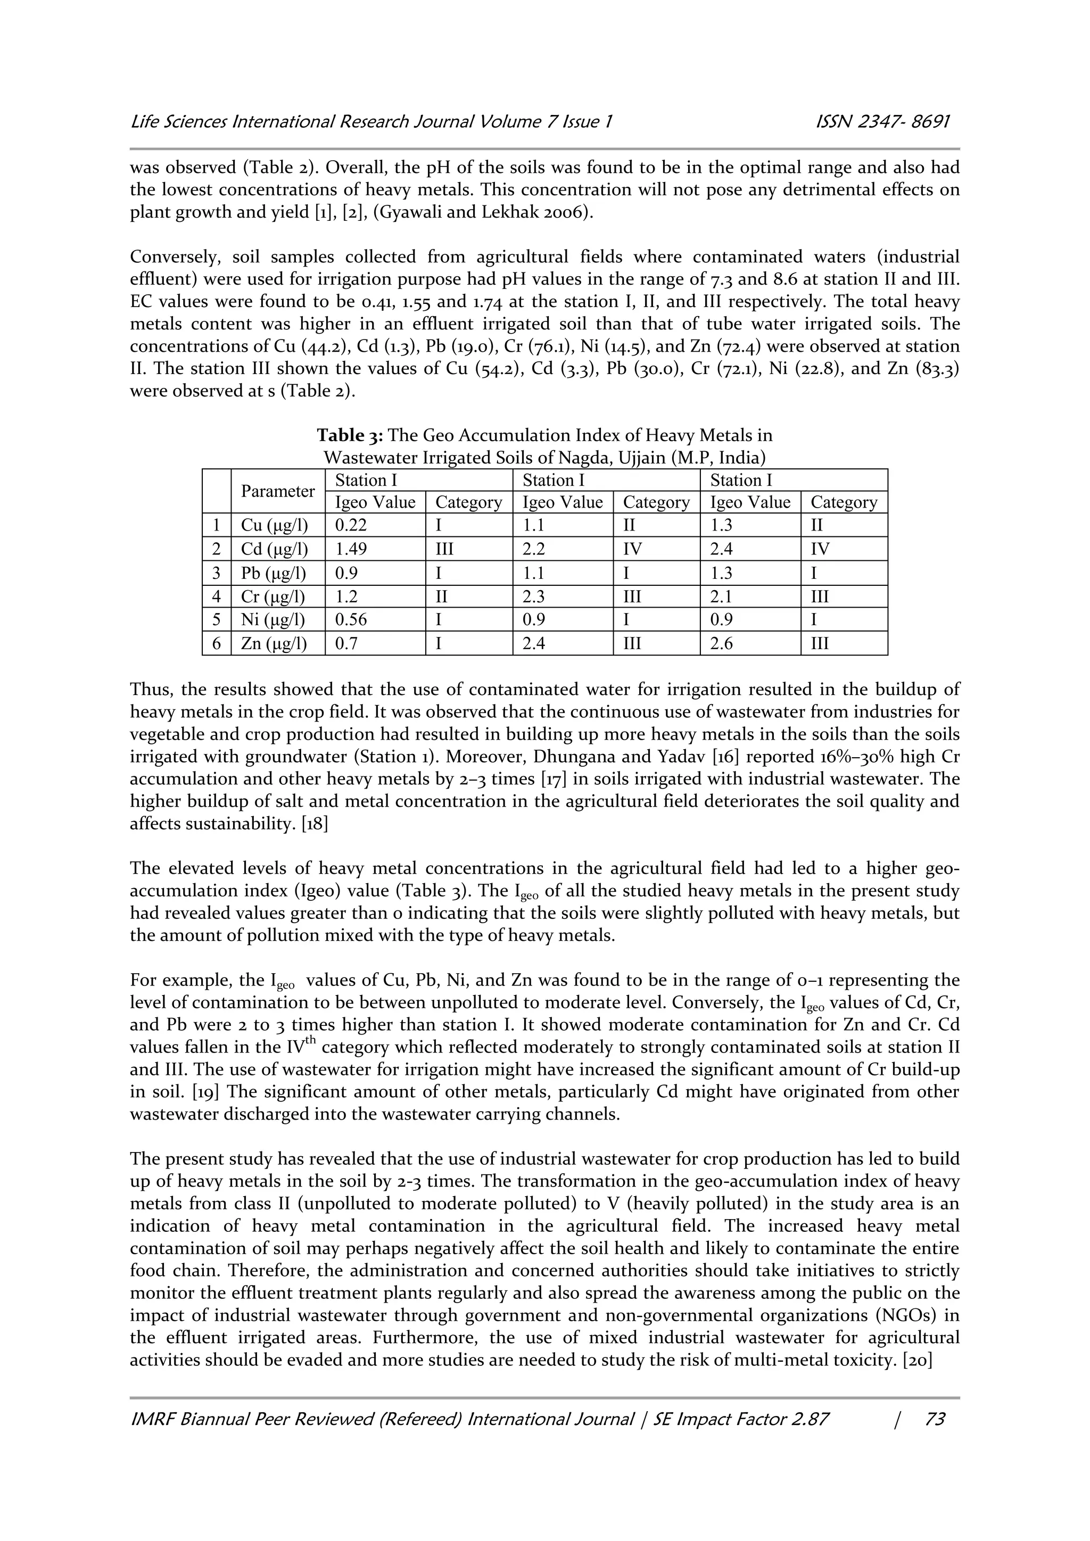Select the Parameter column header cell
point(278,491)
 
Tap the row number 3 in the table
point(216,573)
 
